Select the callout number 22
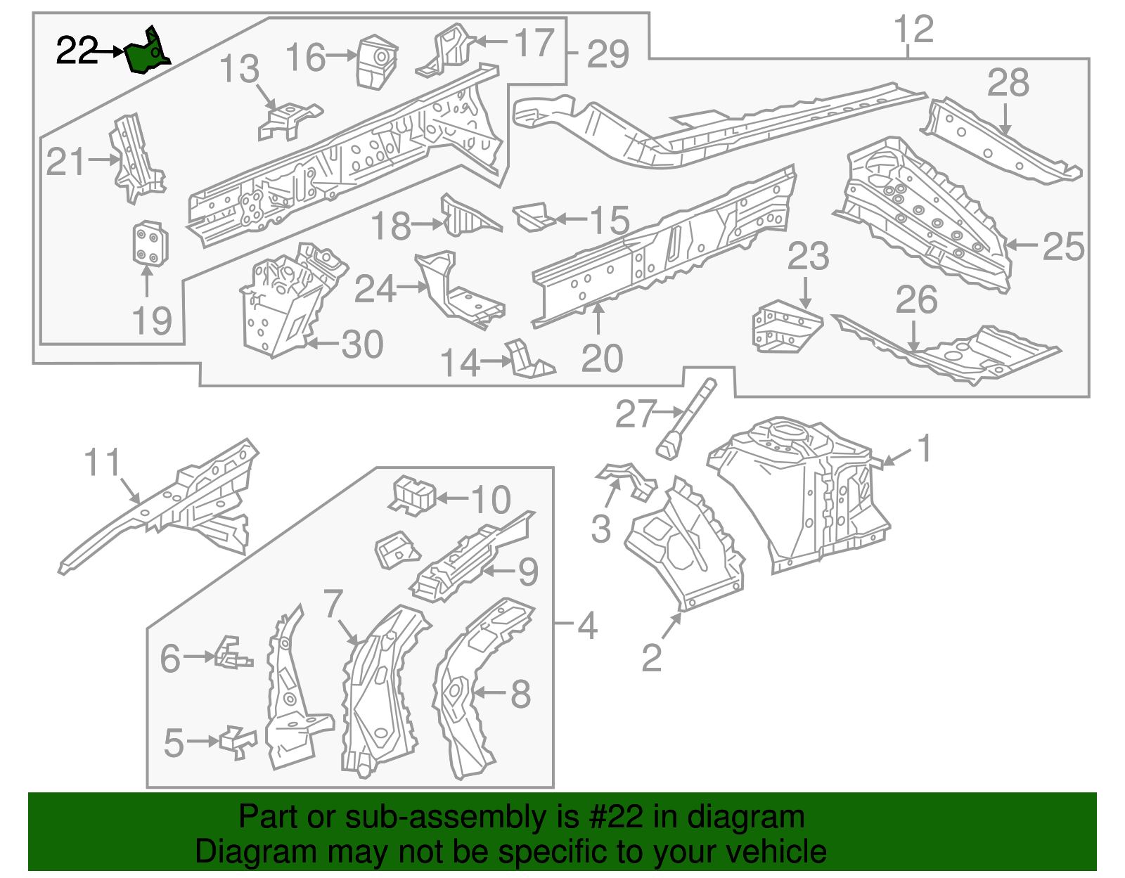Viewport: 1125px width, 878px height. pyautogui.click(x=76, y=51)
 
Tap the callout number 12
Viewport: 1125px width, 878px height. pyautogui.click(x=913, y=30)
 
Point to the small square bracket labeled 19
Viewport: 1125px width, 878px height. pyautogui.click(x=150, y=244)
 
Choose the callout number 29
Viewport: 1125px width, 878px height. pyautogui.click(x=607, y=54)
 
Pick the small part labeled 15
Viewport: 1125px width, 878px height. pyautogui.click(x=534, y=217)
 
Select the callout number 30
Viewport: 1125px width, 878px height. pyautogui.click(x=362, y=344)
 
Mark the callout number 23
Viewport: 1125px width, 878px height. pyautogui.click(x=807, y=257)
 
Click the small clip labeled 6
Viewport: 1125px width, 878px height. pyautogui.click(x=232, y=654)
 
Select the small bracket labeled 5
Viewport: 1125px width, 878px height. pyautogui.click(x=238, y=742)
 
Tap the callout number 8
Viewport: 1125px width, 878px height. pyautogui.click(x=520, y=695)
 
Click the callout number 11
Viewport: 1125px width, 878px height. pyautogui.click(x=103, y=463)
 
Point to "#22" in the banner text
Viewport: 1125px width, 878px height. pyautogui.click(x=611, y=817)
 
